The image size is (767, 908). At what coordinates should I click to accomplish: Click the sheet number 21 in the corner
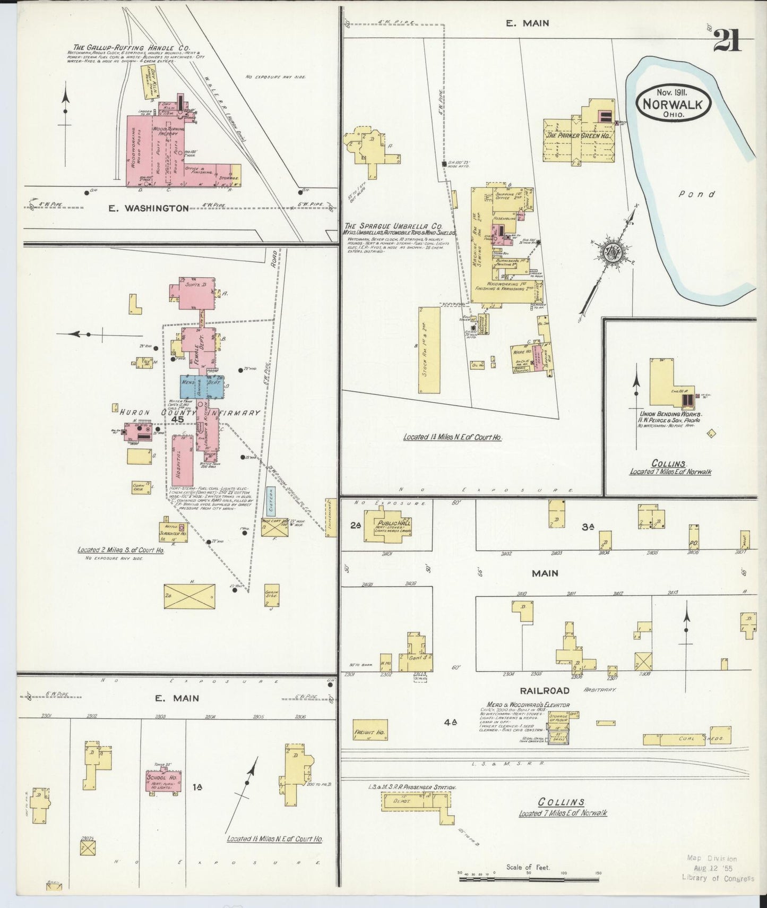click(x=727, y=40)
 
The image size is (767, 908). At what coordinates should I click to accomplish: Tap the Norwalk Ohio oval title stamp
click(x=673, y=103)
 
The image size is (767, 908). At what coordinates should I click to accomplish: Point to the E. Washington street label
click(x=148, y=208)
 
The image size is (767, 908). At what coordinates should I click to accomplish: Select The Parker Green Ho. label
click(x=579, y=135)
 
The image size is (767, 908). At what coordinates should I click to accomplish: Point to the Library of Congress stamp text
click(x=718, y=878)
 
